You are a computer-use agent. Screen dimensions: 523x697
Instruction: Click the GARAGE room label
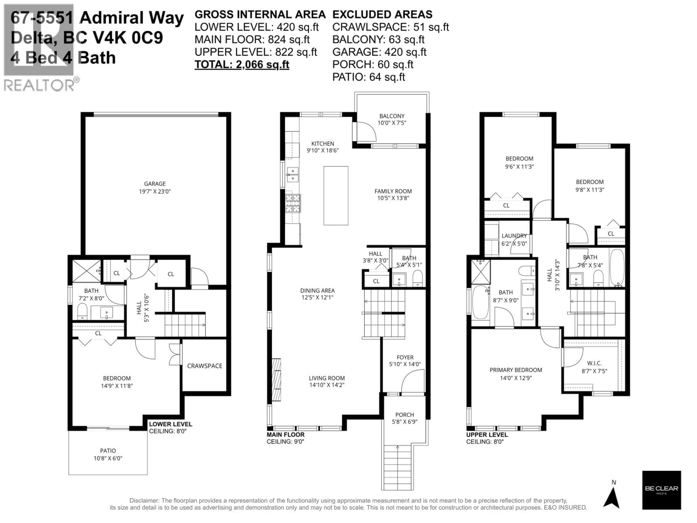[x=155, y=184]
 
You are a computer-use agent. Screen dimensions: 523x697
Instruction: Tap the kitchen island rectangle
[x=336, y=195]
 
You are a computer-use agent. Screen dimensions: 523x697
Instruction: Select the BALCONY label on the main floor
[x=392, y=116]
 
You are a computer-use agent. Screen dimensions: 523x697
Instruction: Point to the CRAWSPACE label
[x=205, y=366]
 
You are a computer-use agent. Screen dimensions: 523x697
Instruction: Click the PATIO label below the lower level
[x=108, y=451]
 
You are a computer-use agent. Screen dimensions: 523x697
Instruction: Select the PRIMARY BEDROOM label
[x=515, y=370]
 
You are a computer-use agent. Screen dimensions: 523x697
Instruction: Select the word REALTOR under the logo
[x=39, y=85]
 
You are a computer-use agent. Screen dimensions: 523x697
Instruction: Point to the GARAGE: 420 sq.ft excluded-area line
[x=379, y=52]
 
